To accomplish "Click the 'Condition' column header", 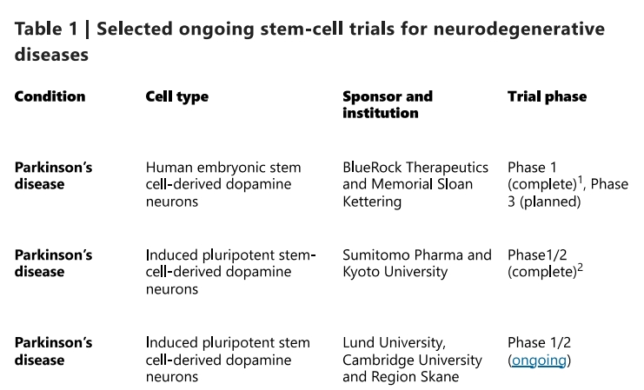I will click(50, 96).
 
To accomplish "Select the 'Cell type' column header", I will click(176, 96).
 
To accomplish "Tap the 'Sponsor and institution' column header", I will click(387, 104).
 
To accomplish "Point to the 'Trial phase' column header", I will click(547, 96).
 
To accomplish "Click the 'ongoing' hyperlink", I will click(539, 360).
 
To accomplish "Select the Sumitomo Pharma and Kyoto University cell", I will click(416, 263).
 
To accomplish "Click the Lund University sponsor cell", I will click(412, 360).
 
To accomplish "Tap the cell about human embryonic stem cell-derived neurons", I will click(223, 184).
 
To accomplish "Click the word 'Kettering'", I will click(373, 202).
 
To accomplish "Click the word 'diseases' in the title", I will click(51, 55).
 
